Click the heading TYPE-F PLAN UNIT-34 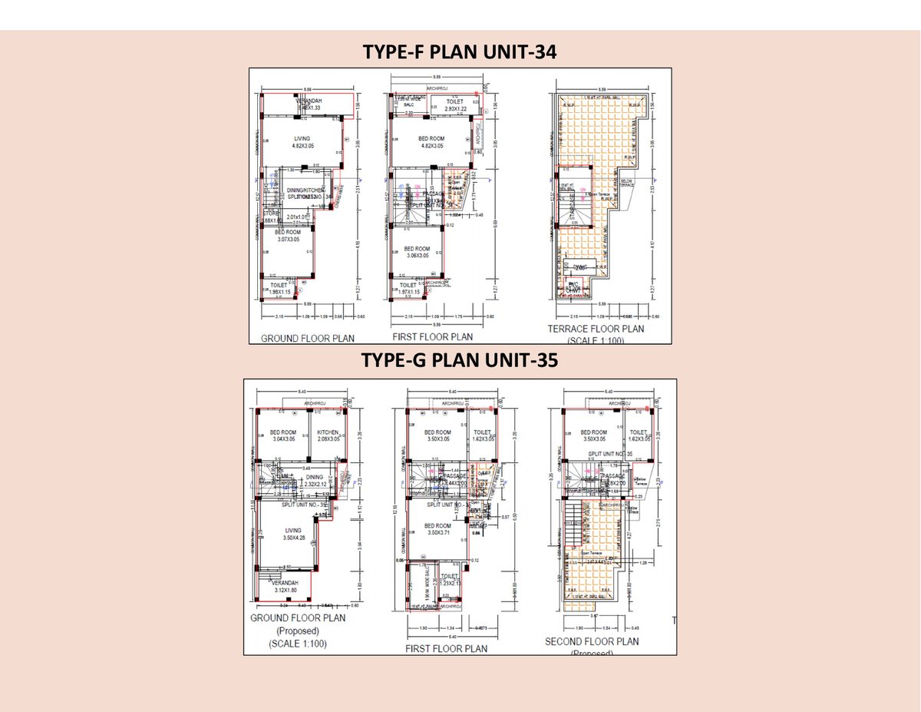click(x=460, y=52)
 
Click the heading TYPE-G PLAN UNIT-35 click(x=459, y=361)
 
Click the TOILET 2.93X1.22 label click(x=454, y=104)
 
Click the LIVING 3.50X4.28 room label click(x=292, y=535)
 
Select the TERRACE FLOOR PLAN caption click(x=596, y=329)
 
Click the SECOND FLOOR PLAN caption click(x=591, y=641)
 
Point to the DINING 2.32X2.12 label click(x=314, y=480)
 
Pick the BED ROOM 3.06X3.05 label click(x=418, y=252)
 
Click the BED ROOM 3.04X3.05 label click(x=282, y=435)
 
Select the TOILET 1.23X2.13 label click(x=449, y=579)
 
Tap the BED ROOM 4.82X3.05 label click(x=431, y=142)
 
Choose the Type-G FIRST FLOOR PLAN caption click(x=446, y=648)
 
